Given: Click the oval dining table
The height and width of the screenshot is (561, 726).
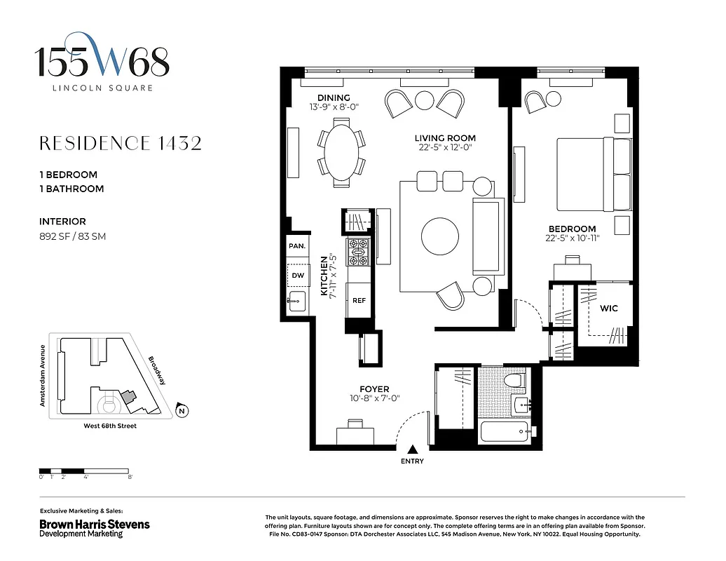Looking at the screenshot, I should [342, 151].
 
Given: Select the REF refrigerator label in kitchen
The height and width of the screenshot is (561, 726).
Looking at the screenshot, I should [359, 300].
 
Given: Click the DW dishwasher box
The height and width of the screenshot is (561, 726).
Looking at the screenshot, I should [297, 276].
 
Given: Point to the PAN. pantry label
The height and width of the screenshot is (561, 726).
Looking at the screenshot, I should [296, 246].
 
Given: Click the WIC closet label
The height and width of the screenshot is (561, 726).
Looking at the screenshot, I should [608, 309].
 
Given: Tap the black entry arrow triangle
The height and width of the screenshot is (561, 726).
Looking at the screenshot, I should [413, 450].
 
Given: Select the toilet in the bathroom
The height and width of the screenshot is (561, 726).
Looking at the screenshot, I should [516, 382].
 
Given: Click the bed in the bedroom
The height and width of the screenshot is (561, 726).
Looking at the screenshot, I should [594, 173].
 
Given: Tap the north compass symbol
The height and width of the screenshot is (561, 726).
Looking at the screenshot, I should [181, 411].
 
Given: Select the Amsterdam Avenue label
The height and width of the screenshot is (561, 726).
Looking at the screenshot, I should [42, 376].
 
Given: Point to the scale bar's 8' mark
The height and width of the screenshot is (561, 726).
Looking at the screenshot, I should [130, 477].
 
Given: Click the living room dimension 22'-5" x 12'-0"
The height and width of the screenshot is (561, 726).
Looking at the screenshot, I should [444, 147].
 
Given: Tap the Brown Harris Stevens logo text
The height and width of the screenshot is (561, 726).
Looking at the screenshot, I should [94, 524].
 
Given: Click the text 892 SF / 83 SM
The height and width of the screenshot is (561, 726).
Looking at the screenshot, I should [73, 236].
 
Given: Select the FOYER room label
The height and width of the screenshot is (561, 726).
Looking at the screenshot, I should [374, 389].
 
